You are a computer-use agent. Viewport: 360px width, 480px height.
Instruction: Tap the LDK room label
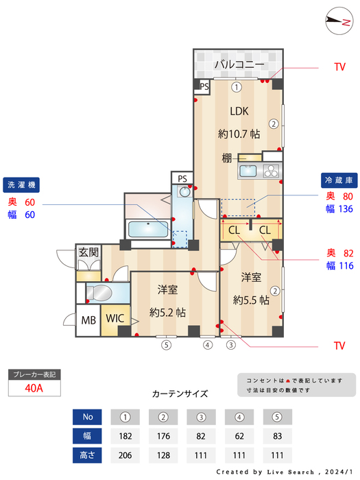(239, 111)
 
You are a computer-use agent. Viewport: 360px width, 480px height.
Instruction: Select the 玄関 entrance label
(88, 252)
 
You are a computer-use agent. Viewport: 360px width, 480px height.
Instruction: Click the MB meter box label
(89, 320)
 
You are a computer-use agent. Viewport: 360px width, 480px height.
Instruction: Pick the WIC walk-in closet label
(114, 319)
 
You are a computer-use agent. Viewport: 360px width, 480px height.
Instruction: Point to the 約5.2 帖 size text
(167, 312)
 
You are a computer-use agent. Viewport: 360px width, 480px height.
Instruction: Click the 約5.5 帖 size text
(250, 300)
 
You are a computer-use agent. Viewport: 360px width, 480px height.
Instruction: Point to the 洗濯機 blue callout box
(23, 184)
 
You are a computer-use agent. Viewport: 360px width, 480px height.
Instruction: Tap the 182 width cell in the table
(125, 436)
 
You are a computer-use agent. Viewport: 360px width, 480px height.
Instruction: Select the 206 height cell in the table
(125, 455)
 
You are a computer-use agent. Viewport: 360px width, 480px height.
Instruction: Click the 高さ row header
(87, 455)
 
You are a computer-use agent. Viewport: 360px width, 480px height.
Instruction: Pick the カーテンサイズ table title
(180, 394)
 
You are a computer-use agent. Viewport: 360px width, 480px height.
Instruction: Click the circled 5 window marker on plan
(165, 345)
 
